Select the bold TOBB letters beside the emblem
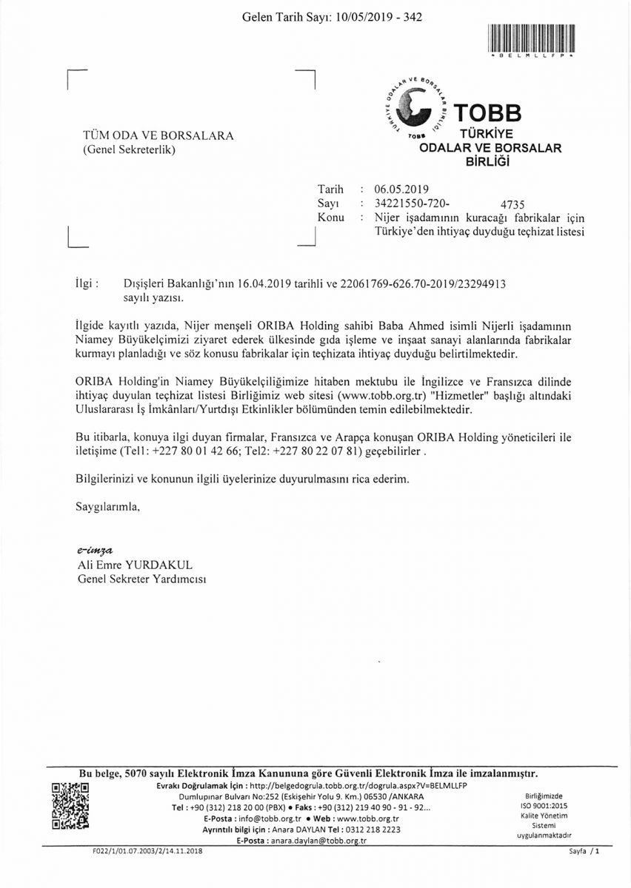[x=488, y=112]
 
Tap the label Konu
[x=330, y=217]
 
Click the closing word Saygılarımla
[x=107, y=507]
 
